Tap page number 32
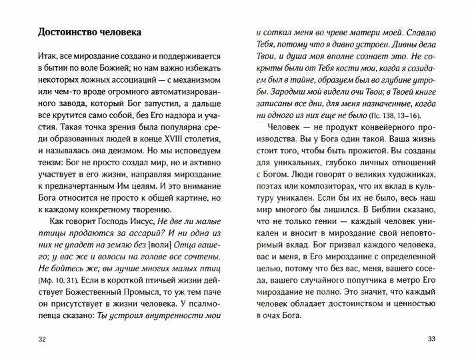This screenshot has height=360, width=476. coord(43,341)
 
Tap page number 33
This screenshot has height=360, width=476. coord(430,341)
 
